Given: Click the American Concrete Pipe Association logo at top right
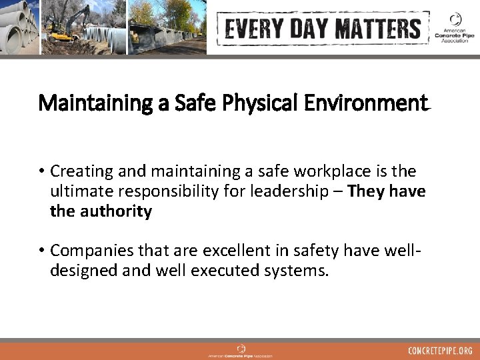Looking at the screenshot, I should click(x=453, y=27).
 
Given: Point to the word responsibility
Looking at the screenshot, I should click(x=164, y=193).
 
